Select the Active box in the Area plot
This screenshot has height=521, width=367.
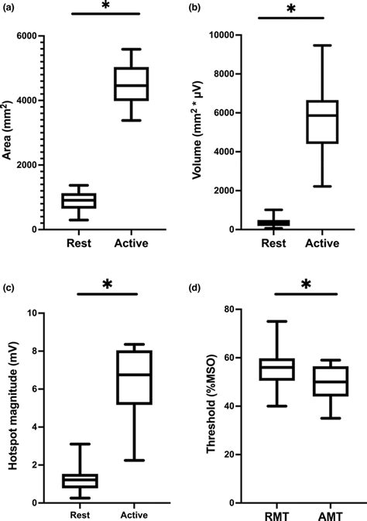131,84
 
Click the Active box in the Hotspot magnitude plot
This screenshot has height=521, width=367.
133,377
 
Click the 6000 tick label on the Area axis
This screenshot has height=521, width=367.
29,36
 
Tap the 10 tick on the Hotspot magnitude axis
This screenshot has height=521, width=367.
31,314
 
